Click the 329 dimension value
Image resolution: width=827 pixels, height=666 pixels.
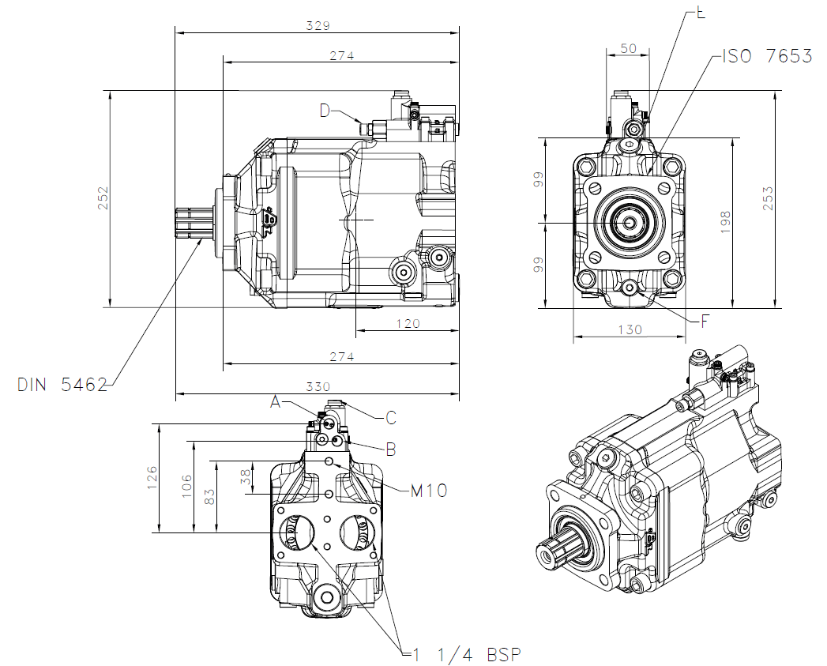(318, 25)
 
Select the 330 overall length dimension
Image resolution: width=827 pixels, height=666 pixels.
(318, 386)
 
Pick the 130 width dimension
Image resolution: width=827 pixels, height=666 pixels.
(629, 329)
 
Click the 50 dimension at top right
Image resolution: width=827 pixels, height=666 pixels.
(628, 48)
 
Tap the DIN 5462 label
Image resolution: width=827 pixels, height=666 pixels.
(62, 386)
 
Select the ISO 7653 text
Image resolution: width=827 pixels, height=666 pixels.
(767, 56)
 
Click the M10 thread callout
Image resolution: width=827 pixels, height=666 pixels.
(428, 491)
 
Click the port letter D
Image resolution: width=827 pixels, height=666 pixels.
(325, 111)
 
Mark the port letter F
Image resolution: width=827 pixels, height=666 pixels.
(706, 321)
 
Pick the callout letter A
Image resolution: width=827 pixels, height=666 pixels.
(276, 402)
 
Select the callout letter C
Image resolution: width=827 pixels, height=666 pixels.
(390, 417)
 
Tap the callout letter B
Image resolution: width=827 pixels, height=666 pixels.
(390, 450)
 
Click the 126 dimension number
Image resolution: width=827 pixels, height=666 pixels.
(152, 478)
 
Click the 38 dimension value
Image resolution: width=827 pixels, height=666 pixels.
(246, 477)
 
